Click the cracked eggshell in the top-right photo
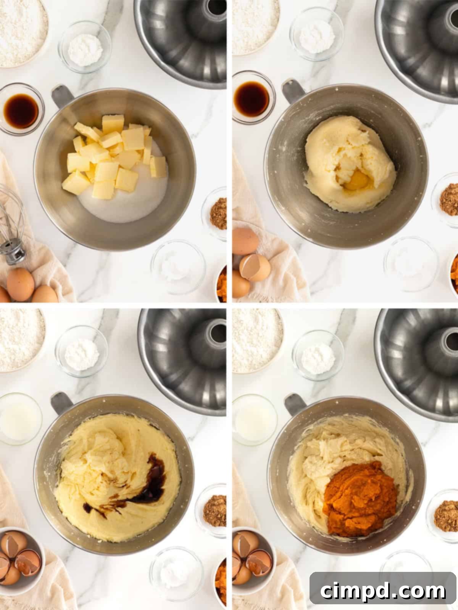(x=255, y=268)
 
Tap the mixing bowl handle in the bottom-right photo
(x=295, y=404)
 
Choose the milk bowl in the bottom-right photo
(x=254, y=419)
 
